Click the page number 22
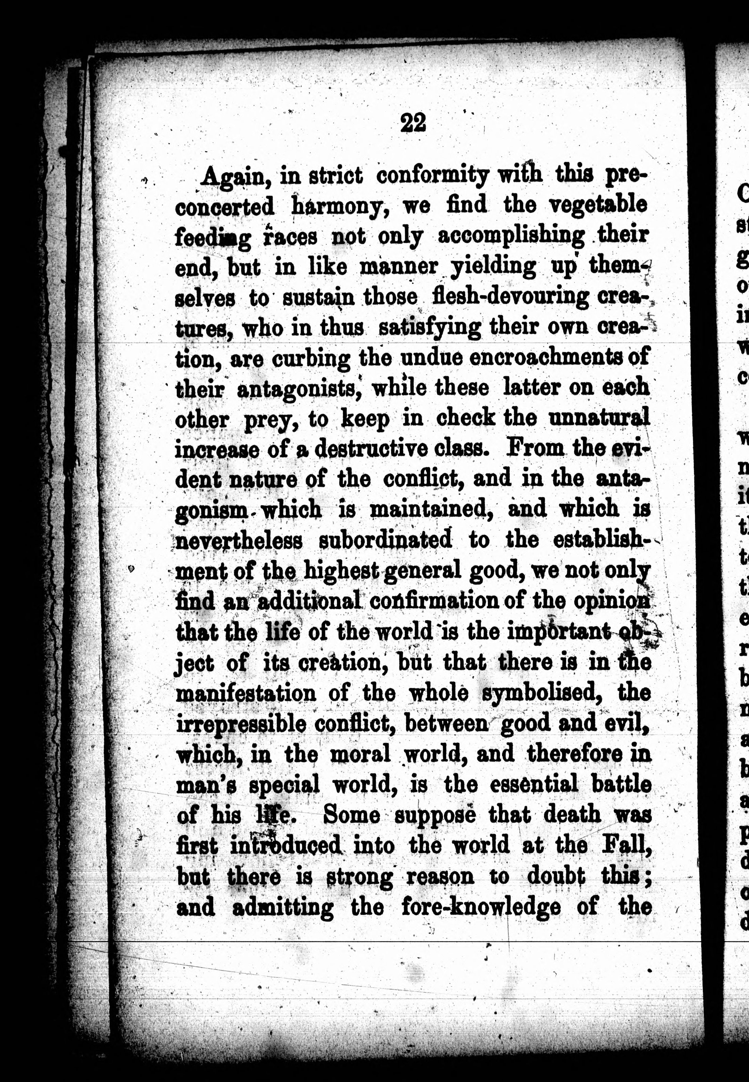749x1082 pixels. pos(413,123)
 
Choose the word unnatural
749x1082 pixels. pos(598,418)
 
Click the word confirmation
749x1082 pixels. pos(434,602)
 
